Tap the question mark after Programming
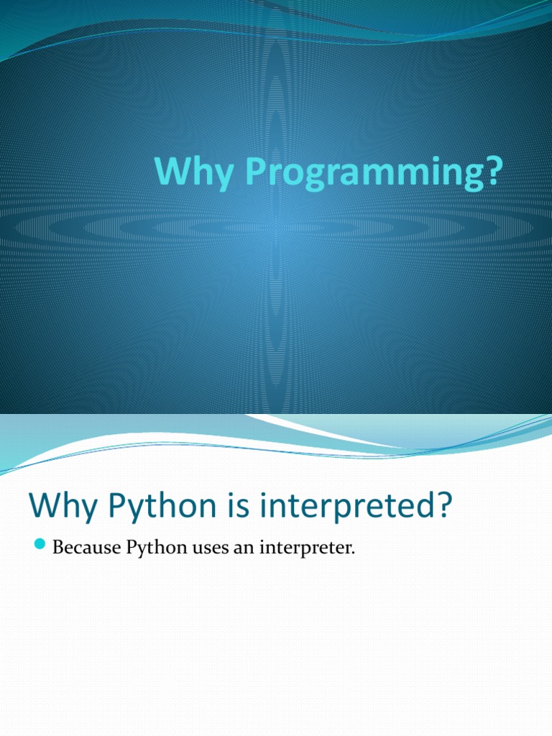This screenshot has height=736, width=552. [492, 173]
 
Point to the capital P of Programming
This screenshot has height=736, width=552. [255, 173]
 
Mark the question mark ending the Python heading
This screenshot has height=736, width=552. [444, 506]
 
